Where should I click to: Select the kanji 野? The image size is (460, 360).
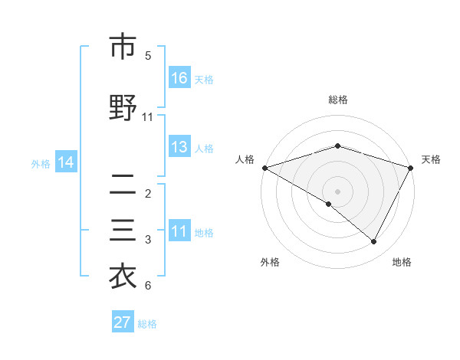[123, 109]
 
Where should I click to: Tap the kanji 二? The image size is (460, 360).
[123, 185]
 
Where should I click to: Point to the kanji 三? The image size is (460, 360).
[123, 231]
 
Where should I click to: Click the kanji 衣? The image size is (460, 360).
[123, 277]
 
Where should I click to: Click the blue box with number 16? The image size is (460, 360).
[179, 78]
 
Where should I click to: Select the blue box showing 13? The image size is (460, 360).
[179, 147]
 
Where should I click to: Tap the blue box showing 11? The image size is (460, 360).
[179, 231]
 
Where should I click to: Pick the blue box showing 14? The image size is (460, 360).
[66, 162]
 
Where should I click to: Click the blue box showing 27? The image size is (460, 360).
[123, 322]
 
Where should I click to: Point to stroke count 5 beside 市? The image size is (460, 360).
[148, 56]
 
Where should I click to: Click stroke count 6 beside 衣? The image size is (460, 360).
[148, 286]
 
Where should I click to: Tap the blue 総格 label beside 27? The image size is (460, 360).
[147, 324]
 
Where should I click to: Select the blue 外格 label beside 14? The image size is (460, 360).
[41, 163]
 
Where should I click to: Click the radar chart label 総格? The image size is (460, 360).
[337, 100]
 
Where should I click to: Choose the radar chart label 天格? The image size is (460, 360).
[431, 159]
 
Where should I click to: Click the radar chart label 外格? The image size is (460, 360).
[270, 262]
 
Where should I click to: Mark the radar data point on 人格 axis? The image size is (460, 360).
[264, 168]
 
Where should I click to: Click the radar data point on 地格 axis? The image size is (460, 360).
[374, 242]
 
